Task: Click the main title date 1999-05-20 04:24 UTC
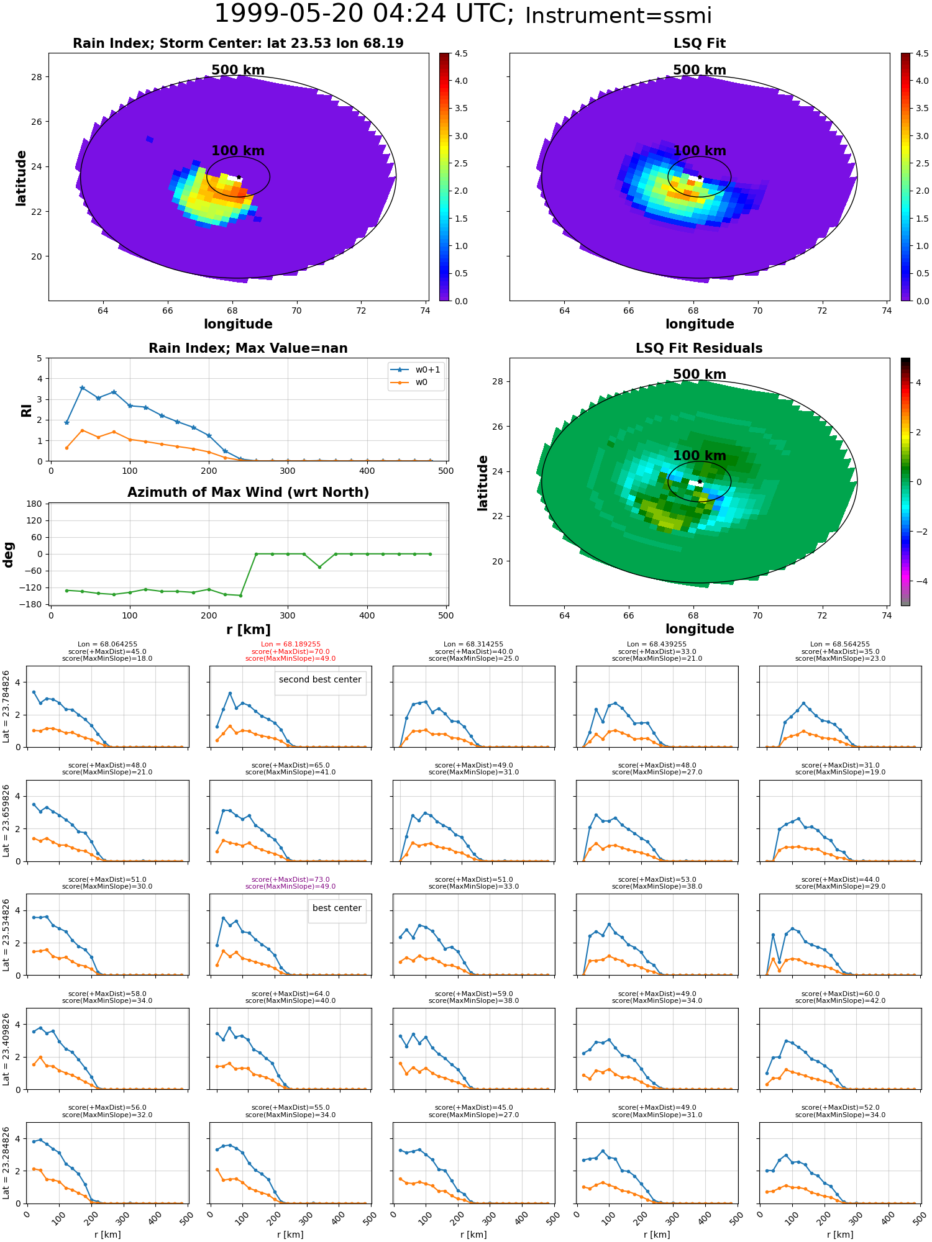pos(364,14)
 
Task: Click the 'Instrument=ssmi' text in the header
pos(618,16)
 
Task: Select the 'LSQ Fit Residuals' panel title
pos(699,348)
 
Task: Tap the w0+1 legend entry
pos(416,369)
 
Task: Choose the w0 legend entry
pos(410,382)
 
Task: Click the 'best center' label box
pos(337,908)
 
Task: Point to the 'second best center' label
pos(320,679)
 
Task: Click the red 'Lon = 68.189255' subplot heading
pos(291,645)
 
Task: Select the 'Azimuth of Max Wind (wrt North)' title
pos(248,492)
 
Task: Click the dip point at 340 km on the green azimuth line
pos(319,567)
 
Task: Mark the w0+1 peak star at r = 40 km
pos(82,388)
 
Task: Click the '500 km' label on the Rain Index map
pos(238,70)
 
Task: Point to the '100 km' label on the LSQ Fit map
pos(700,151)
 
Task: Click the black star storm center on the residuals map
pos(700,481)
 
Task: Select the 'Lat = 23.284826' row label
pos(6,1163)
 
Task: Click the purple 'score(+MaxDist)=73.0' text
pos(291,879)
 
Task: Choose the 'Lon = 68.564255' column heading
pos(840,645)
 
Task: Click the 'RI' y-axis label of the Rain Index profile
pos(26,410)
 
